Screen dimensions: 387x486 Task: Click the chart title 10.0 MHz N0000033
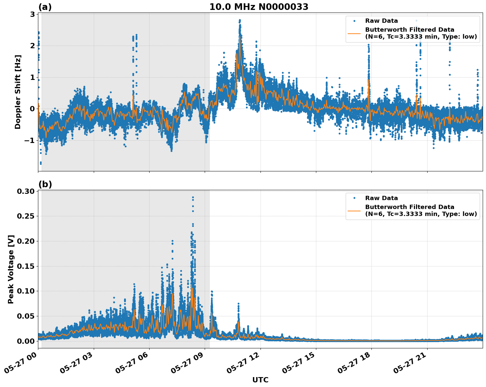pos(259,7)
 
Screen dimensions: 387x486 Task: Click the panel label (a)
pos(45,7)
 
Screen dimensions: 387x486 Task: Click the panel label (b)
pos(45,184)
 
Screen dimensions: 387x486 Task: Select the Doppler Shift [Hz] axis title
pos(18,92)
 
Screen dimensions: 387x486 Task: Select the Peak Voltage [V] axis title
pos(11,269)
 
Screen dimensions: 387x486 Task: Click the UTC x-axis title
pos(260,380)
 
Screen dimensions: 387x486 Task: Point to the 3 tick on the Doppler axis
pos(32,14)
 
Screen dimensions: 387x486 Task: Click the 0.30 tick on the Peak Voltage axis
pos(26,191)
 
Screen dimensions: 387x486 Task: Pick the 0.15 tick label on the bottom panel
pos(26,266)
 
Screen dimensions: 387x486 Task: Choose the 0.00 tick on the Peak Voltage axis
pos(26,341)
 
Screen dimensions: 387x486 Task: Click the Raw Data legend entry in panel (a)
pos(381,21)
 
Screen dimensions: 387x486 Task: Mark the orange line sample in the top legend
pos(354,33)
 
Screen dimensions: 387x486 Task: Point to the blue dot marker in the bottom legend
pos(354,198)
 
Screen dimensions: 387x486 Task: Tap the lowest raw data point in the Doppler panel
pos(41,163)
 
